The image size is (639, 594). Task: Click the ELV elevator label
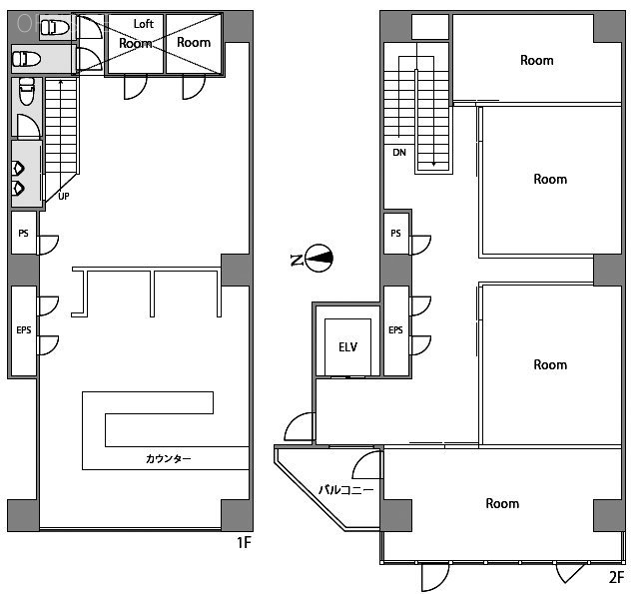click(347, 347)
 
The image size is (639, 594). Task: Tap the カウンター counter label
click(168, 459)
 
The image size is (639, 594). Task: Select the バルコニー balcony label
click(345, 490)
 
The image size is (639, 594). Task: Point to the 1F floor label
click(244, 543)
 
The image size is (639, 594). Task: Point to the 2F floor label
click(617, 576)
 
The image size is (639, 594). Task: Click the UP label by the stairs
click(64, 196)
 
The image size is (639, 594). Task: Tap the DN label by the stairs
click(398, 153)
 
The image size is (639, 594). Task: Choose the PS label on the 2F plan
click(396, 234)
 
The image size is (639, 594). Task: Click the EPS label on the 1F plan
click(24, 329)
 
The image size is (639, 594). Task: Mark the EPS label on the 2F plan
click(396, 329)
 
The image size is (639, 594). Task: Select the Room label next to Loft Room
click(194, 42)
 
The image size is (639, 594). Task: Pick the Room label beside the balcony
click(502, 503)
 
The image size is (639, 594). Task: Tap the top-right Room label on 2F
click(536, 60)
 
